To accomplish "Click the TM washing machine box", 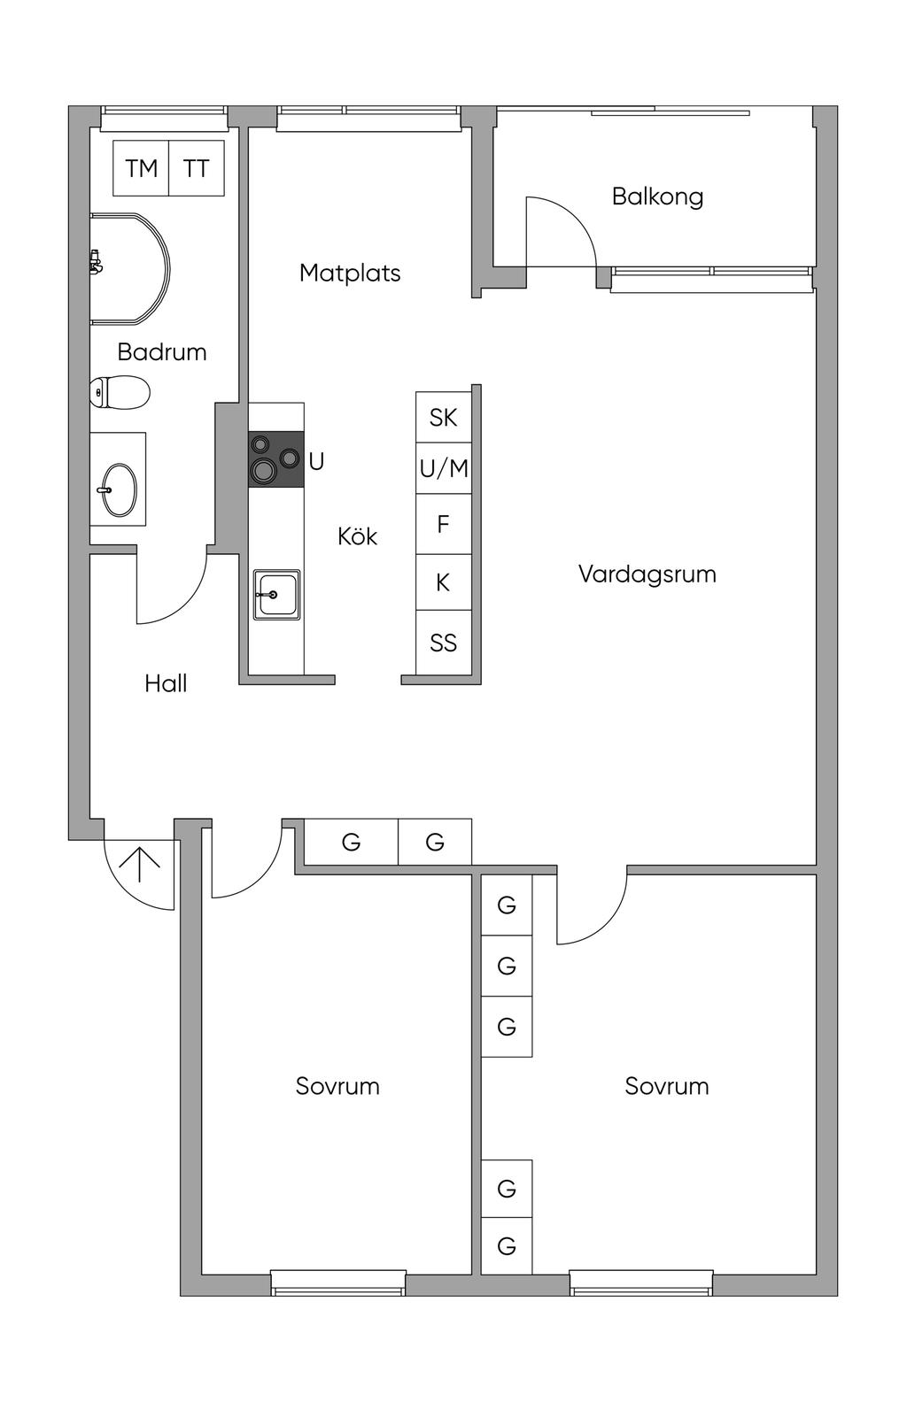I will (x=141, y=168).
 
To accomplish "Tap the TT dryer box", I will (x=196, y=168).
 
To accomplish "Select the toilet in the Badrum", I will (x=120, y=392).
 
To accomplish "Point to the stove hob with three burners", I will (x=275, y=459).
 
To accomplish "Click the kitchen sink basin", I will (x=276, y=595).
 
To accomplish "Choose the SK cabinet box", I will (x=443, y=417).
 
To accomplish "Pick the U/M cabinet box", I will (x=443, y=468).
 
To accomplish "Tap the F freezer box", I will (x=443, y=524).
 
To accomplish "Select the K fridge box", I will (x=443, y=582).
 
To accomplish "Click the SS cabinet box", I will (x=443, y=643).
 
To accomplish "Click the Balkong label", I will (x=657, y=196).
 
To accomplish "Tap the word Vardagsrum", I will (x=647, y=574).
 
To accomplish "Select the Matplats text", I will (x=350, y=273).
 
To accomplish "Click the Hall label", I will (x=166, y=683).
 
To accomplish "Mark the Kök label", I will (x=357, y=536).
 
